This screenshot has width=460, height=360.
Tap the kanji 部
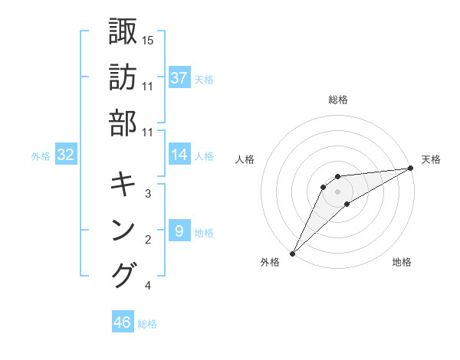[x=123, y=123]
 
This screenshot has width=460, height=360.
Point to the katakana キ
[x=123, y=184]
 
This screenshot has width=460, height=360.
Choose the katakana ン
[x=123, y=230]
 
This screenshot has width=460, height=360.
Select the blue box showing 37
[x=179, y=77]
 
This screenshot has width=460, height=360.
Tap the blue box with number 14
[x=179, y=155]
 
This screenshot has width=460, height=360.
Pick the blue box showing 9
[x=179, y=231]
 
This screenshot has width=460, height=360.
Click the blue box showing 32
[x=66, y=155]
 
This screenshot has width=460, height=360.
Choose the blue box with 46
[x=123, y=322]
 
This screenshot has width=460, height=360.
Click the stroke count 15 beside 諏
[x=148, y=39]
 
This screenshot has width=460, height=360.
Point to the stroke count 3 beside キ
[x=148, y=193]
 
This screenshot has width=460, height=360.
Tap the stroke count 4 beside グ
[x=148, y=286]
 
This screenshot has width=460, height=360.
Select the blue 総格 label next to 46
[x=147, y=324]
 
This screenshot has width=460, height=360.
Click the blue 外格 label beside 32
[x=41, y=156]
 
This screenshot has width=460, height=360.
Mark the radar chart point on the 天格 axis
[x=411, y=169]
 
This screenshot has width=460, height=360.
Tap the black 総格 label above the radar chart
[x=338, y=100]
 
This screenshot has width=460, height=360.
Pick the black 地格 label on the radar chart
[x=402, y=263]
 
